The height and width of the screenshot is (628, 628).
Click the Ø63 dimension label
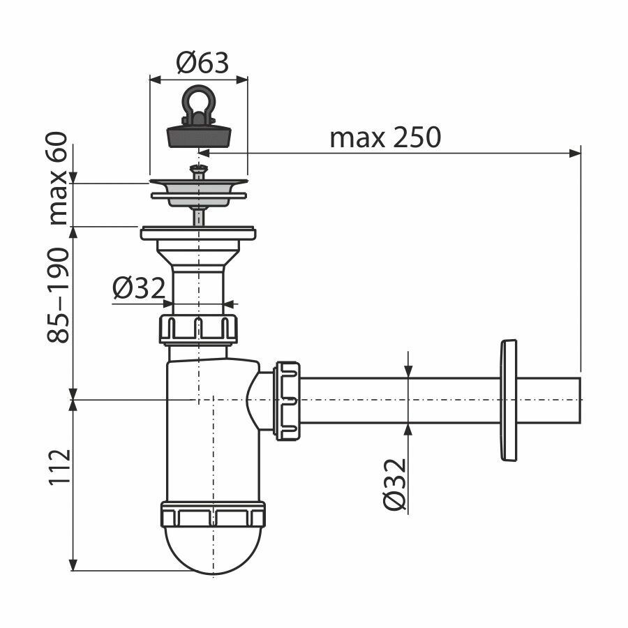202,63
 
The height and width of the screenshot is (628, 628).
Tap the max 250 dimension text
385,137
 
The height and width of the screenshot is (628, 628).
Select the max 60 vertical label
58,179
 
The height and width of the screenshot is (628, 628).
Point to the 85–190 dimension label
59,296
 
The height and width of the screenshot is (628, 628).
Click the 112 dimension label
60,467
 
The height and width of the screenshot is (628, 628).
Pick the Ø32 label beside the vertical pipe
139,288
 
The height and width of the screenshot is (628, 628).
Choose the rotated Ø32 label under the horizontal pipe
395,485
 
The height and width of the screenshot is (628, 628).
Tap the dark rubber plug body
198,136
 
